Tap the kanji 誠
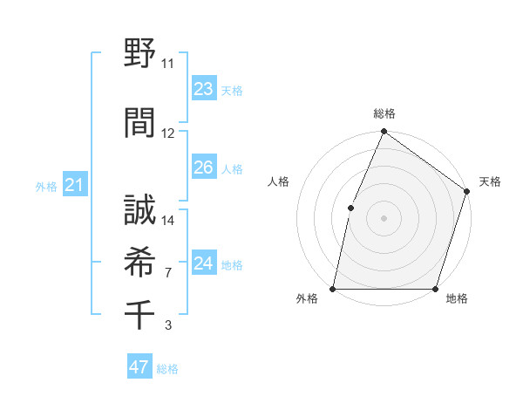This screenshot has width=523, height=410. (x=139, y=208)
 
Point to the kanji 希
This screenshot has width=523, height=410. (x=139, y=261)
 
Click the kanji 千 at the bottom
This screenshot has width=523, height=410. (x=139, y=312)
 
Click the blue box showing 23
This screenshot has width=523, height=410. (x=203, y=89)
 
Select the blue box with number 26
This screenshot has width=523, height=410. (x=203, y=167)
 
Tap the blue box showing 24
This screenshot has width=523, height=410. (x=203, y=263)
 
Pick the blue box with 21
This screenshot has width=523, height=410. (x=74, y=185)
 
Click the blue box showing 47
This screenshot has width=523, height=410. (x=139, y=367)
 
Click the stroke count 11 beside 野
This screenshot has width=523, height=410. (x=168, y=64)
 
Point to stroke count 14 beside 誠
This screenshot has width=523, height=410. (x=168, y=221)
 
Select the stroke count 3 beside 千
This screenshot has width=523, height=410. (x=168, y=325)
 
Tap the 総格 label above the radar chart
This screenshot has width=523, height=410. (x=384, y=113)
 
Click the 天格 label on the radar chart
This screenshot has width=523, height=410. (x=490, y=181)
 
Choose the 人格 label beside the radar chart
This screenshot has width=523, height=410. (x=278, y=181)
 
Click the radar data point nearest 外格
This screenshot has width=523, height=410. (x=333, y=289)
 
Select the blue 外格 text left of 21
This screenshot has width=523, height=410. (x=46, y=186)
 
